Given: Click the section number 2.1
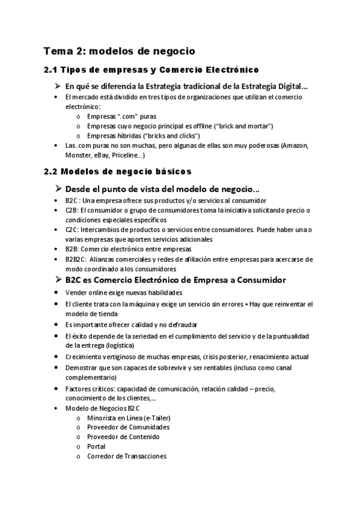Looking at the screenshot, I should [x=52, y=70].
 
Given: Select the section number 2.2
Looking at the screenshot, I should [x=52, y=171].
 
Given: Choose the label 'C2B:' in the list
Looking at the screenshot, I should [x=72, y=210].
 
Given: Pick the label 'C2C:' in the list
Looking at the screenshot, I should [x=72, y=229].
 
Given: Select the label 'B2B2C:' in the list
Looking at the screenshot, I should [x=75, y=259].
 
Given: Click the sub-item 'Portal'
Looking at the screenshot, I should [x=96, y=447].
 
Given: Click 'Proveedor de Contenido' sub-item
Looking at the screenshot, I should [x=123, y=437].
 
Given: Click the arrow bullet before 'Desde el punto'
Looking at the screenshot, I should [x=58, y=188].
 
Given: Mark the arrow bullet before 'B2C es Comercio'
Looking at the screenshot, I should [x=58, y=280].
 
